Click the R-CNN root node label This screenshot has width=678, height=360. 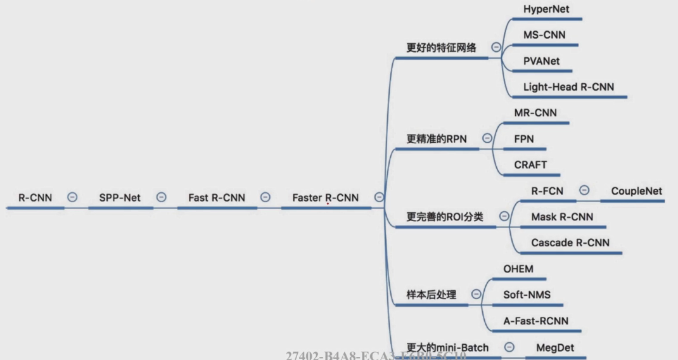click(35, 198)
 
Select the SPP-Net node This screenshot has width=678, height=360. click(120, 198)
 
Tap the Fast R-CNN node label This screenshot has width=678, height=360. click(216, 198)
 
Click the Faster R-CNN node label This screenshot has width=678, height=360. click(325, 198)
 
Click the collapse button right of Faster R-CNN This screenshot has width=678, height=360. click(379, 197)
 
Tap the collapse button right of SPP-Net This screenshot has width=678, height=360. click(161, 197)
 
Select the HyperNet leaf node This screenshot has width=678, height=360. click(546, 10)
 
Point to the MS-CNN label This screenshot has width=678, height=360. click(544, 35)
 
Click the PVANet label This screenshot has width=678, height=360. click(542, 61)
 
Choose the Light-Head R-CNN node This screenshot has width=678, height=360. click(568, 87)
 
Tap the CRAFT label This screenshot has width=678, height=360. click(530, 165)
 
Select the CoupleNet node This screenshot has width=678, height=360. click(636, 191)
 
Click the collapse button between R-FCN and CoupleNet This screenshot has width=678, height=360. click(584, 190)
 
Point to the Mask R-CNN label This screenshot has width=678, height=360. click(562, 217)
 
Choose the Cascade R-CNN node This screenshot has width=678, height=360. click(570, 243)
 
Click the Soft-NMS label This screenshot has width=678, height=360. click(527, 295)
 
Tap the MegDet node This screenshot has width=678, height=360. click(555, 347)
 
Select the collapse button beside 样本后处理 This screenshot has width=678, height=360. click(477, 294)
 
